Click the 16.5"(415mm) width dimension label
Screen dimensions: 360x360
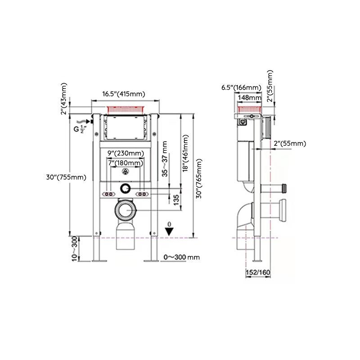pyautogui.click(x=123, y=94)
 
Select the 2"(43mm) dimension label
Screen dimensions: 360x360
pyautogui.click(x=64, y=99)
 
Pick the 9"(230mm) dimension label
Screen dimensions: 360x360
pyautogui.click(x=126, y=153)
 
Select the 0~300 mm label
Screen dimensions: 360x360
pyautogui.click(x=181, y=257)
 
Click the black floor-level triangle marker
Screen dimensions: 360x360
pyautogui.click(x=169, y=231)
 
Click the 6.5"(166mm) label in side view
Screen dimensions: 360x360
pyautogui.click(x=241, y=87)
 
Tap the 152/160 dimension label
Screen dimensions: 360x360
pyautogui.click(x=258, y=273)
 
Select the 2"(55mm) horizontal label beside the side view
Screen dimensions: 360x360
pyautogui.click(x=290, y=144)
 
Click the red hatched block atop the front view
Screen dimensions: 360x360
pyautogui.click(x=126, y=109)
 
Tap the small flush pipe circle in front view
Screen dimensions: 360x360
pyautogui.click(x=126, y=189)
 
